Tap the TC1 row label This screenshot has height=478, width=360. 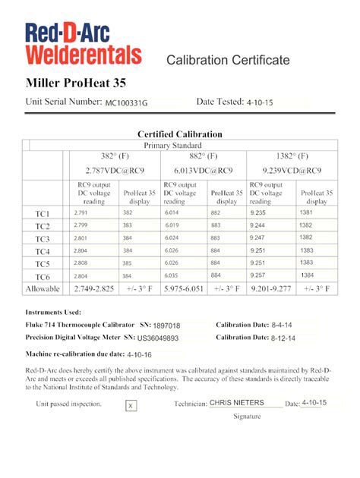click(43, 213)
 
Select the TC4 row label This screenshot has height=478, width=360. click(43, 251)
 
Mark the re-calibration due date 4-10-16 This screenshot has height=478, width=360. click(140, 354)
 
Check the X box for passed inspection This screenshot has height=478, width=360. click(131, 406)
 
